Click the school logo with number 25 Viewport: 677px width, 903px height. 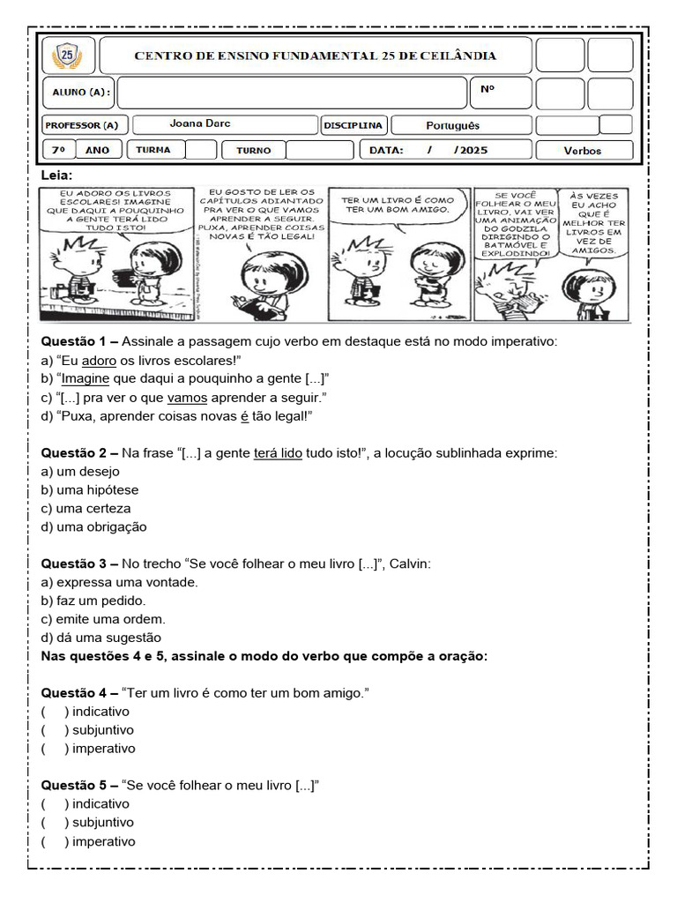pyautogui.click(x=67, y=56)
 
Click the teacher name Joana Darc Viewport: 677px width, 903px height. pyautogui.click(x=200, y=124)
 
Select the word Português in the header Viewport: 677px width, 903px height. pyautogui.click(x=452, y=126)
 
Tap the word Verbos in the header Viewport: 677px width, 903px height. pyautogui.click(x=582, y=151)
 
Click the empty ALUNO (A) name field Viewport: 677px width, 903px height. pyautogui.click(x=291, y=92)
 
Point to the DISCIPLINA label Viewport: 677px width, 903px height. pyautogui.click(x=353, y=125)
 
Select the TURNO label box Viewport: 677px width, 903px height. pyautogui.click(x=254, y=150)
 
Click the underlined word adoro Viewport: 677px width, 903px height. pyautogui.click(x=99, y=360)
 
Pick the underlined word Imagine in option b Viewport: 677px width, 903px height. pyautogui.click(x=86, y=378)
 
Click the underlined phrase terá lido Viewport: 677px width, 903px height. pyautogui.click(x=278, y=452)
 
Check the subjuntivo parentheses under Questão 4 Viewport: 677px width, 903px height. pyautogui.click(x=54, y=730)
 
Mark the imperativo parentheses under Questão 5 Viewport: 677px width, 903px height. pyautogui.click(x=54, y=841)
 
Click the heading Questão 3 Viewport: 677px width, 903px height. pyautogui.click(x=78, y=563)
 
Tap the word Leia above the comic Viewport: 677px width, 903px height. pyautogui.click(x=56, y=175)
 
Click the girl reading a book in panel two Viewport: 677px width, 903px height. pyautogui.click(x=256, y=287)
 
